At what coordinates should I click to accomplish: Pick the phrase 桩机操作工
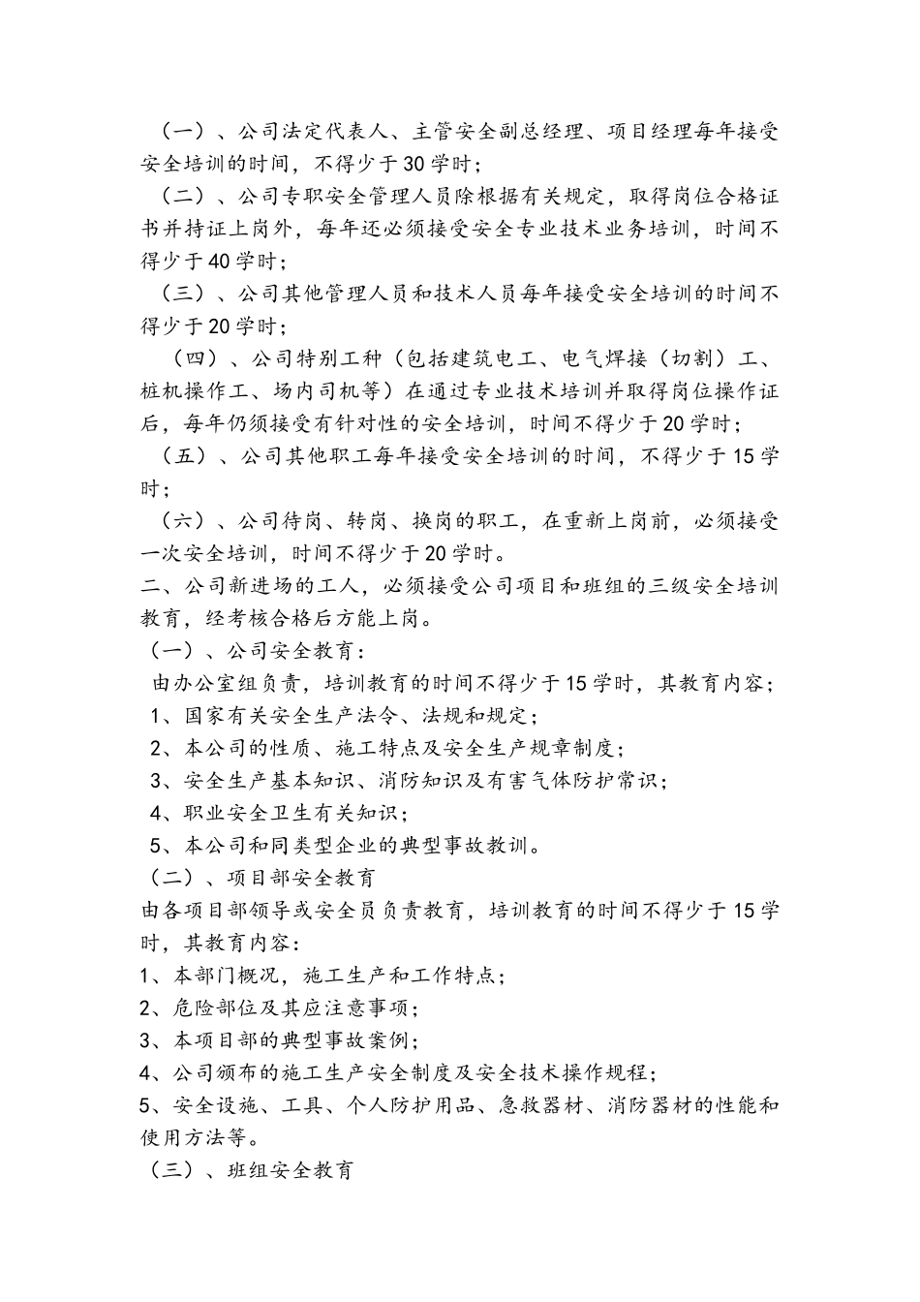click(191, 391)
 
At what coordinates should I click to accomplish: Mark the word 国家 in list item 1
click(205, 717)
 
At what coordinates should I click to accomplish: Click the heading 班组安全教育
click(290, 1170)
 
